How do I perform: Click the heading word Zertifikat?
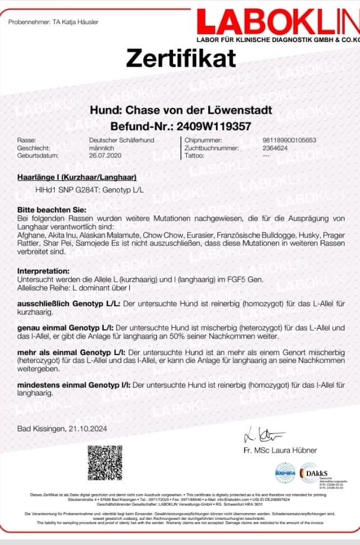coord(181,58)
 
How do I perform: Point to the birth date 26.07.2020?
coord(105,155)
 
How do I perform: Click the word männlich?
coord(102,148)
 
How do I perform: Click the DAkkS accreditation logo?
coord(316,473)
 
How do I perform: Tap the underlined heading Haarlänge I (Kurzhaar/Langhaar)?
coord(77,178)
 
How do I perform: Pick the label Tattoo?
coord(193,155)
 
